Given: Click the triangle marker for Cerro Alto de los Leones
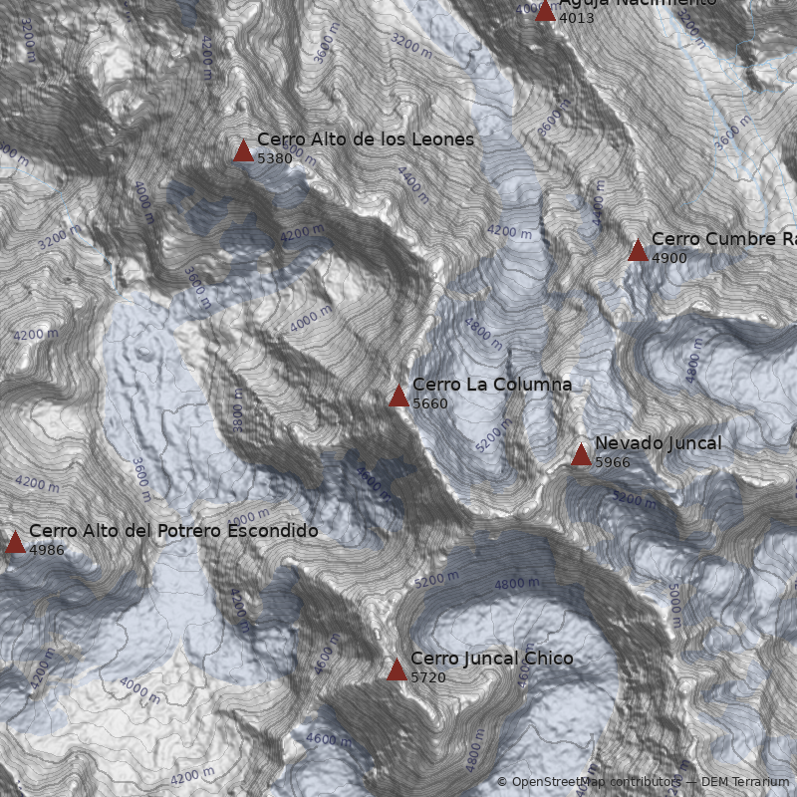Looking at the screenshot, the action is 243,150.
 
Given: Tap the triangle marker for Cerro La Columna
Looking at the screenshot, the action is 398,397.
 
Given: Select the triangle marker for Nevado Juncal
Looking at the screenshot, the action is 581,455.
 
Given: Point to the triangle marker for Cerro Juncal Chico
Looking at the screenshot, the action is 397,669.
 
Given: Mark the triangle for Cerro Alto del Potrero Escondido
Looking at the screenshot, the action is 15,542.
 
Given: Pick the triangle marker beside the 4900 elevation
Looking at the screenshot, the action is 638,250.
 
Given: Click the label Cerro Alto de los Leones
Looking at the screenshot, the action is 365,139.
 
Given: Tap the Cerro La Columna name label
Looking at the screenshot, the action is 491,385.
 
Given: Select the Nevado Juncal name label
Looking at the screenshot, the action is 658,443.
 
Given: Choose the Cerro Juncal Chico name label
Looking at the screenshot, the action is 491,659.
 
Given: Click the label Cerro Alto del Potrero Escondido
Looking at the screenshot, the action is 173,531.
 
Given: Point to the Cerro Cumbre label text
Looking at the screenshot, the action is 722,239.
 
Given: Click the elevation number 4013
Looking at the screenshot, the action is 576,18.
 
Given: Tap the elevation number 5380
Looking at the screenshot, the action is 274,158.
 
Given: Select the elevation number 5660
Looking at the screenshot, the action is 429,404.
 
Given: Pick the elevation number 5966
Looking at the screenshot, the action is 612,463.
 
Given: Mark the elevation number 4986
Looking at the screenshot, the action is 46,550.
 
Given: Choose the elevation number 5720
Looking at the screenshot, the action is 427,678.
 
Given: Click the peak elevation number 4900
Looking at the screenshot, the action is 668,258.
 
